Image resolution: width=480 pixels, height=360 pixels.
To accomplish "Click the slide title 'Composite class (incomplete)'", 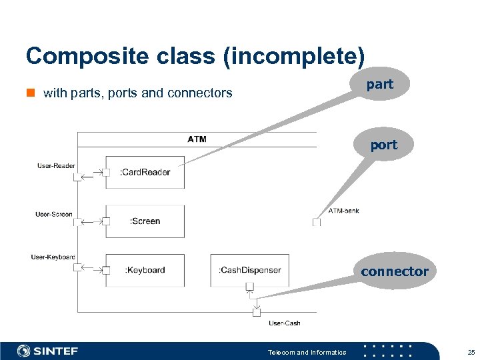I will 195,56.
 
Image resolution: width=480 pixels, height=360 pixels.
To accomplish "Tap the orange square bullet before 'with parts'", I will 31,93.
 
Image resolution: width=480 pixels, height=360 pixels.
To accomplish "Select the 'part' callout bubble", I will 380,85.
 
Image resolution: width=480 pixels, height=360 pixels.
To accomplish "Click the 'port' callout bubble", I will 383,145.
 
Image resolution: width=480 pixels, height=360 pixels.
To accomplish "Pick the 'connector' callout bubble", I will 395,271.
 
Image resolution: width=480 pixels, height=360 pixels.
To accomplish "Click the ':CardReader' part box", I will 145,172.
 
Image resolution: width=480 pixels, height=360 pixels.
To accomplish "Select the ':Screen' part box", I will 145,221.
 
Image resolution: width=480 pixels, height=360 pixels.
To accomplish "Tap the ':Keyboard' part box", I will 145,270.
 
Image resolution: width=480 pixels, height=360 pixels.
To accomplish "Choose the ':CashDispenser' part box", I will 250,270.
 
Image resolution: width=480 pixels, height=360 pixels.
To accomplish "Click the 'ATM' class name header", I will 197,139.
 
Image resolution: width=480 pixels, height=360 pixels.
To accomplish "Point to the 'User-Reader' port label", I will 56,165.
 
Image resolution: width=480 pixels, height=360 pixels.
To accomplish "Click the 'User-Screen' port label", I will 54,214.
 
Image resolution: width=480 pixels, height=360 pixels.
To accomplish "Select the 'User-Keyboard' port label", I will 53,257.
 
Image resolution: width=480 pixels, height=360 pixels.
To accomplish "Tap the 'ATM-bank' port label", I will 344,211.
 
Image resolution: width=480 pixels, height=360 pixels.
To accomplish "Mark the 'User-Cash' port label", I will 285,323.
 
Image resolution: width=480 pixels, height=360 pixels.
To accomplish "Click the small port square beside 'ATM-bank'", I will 317,222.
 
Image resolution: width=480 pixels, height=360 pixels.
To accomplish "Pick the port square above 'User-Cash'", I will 257,312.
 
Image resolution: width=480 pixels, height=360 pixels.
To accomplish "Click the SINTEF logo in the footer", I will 48,351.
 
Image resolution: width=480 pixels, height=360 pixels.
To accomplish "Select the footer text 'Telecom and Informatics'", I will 307,352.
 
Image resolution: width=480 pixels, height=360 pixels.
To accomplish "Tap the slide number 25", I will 471,352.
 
